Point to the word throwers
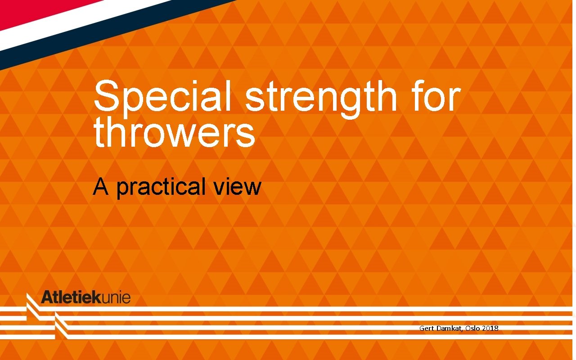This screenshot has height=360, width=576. pyautogui.click(x=174, y=133)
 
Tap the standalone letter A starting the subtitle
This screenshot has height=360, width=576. pyautogui.click(x=100, y=186)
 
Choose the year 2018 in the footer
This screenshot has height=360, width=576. pyautogui.click(x=490, y=328)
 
